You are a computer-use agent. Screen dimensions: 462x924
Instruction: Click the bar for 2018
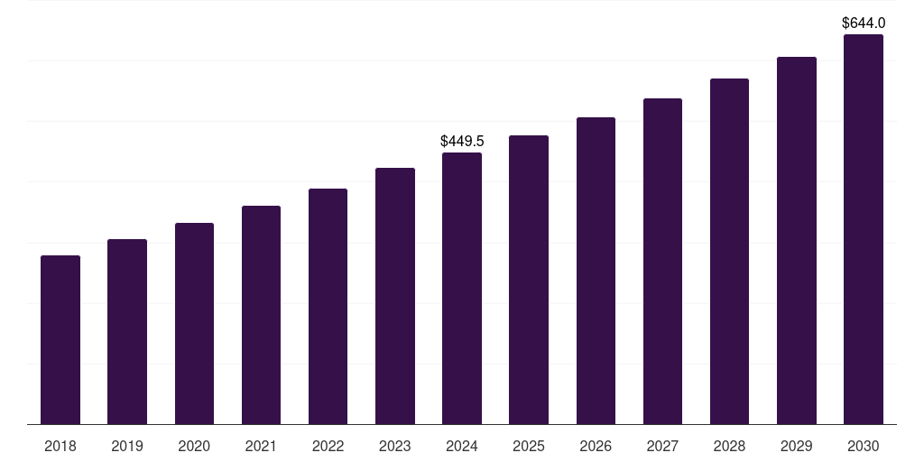60,340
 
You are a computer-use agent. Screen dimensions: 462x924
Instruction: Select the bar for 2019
127,332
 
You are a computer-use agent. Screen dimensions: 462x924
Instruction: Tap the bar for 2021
261,315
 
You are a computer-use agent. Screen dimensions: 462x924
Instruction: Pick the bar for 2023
395,296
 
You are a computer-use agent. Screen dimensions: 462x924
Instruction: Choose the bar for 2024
462,289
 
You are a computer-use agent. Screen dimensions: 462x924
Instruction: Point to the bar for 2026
596,271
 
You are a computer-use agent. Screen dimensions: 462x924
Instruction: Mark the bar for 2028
729,252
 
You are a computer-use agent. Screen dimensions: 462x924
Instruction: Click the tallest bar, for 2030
864,229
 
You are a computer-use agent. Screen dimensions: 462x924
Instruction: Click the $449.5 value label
462,141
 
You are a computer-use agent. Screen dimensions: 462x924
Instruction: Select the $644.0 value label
864,23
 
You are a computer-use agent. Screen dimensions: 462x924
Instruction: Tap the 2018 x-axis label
60,446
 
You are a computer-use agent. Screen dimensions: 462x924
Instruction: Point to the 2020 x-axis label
194,446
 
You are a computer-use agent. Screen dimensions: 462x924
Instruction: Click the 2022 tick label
328,446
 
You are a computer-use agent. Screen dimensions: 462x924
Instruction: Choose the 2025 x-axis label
529,446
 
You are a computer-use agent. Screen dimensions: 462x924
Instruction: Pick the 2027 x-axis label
662,446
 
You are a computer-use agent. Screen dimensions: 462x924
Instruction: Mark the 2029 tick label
796,446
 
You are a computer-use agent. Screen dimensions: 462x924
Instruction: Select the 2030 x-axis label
864,446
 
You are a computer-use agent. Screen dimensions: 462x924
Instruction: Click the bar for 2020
194,324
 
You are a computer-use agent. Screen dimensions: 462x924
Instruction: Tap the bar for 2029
796,241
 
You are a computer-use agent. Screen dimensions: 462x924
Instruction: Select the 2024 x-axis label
462,446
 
